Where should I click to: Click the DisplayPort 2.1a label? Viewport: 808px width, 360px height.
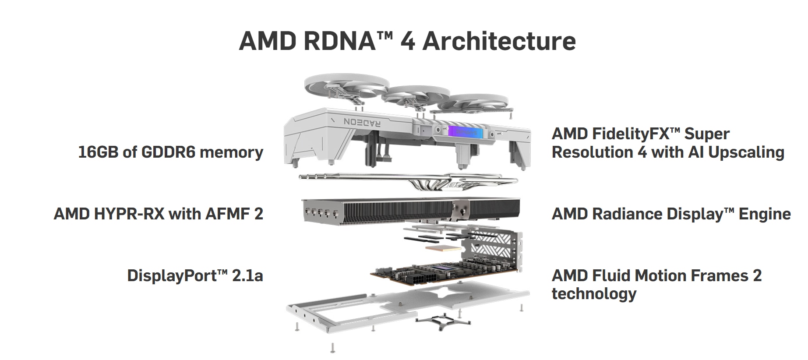[x=195, y=275]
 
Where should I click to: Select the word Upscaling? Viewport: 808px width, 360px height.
[x=746, y=152]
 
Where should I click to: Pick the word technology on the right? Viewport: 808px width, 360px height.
[x=594, y=293]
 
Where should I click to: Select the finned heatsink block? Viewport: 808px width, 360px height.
[x=394, y=210]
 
